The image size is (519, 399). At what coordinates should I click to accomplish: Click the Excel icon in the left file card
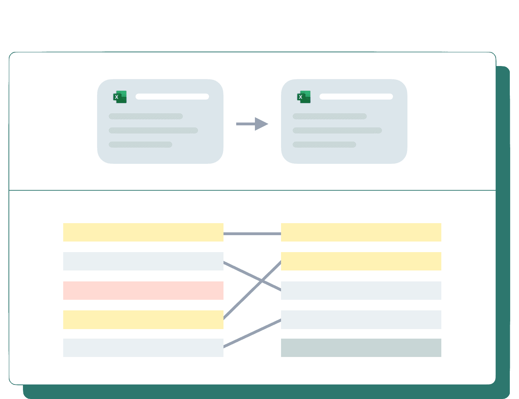(x=120, y=97)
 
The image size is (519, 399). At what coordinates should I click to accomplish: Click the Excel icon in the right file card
(x=304, y=97)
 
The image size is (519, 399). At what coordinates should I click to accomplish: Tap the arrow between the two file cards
(x=252, y=124)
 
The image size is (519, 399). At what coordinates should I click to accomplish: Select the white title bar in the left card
(x=172, y=96)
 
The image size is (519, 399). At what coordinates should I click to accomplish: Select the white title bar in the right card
(x=356, y=96)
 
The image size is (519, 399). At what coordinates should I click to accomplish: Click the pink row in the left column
(x=143, y=290)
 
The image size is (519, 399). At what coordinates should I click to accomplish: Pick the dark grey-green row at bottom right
(x=361, y=348)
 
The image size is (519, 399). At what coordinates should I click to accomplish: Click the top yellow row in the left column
(x=143, y=232)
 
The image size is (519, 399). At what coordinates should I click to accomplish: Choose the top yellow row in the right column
(x=361, y=232)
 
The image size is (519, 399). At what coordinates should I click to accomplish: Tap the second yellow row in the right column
(x=361, y=261)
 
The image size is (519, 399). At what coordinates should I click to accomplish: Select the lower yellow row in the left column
(x=143, y=320)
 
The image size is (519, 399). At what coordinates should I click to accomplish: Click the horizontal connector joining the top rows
(x=252, y=234)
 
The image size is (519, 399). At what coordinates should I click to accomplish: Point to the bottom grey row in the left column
(x=143, y=348)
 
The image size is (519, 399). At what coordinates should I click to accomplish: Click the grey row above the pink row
(x=143, y=261)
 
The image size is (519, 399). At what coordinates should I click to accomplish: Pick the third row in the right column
(x=361, y=290)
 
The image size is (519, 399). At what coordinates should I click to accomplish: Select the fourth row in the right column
(x=361, y=320)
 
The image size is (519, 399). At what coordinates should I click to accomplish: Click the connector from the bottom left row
(x=252, y=333)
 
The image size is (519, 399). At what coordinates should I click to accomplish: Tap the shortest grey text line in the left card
(x=141, y=144)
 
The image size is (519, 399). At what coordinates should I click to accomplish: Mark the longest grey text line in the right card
(x=337, y=130)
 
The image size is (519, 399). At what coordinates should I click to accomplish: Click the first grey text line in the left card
(x=146, y=116)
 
